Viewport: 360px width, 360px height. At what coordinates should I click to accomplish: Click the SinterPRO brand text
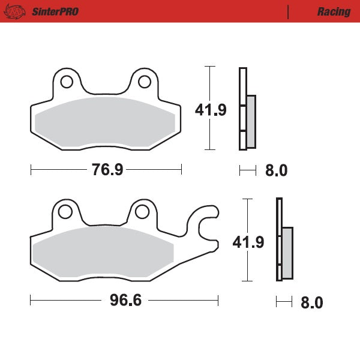click(x=55, y=11)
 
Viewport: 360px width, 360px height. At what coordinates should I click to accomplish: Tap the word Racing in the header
click(x=334, y=11)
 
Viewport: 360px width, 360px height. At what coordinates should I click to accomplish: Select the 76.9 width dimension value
click(x=107, y=170)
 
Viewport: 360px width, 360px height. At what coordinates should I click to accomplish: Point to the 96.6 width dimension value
click(x=125, y=300)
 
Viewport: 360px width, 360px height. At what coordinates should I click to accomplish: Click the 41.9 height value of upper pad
click(x=211, y=110)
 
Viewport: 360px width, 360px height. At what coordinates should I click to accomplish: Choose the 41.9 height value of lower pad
click(x=248, y=242)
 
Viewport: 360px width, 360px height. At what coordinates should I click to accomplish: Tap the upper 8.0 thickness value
click(x=276, y=171)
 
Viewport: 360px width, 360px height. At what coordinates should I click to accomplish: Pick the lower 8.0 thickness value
click(x=311, y=302)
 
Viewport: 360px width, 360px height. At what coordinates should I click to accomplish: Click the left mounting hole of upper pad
click(x=67, y=81)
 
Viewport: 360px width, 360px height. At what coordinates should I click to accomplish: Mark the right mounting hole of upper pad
click(x=144, y=81)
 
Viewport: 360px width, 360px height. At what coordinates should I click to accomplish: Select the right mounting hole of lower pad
click(x=142, y=211)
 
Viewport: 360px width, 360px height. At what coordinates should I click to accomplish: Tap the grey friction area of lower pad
click(x=108, y=252)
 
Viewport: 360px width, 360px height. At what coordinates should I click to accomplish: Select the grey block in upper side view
click(x=251, y=121)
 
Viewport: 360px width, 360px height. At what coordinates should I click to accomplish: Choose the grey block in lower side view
click(x=287, y=253)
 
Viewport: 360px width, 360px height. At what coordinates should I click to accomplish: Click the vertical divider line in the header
click(x=289, y=11)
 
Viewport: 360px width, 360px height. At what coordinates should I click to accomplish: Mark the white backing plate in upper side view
click(x=242, y=108)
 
